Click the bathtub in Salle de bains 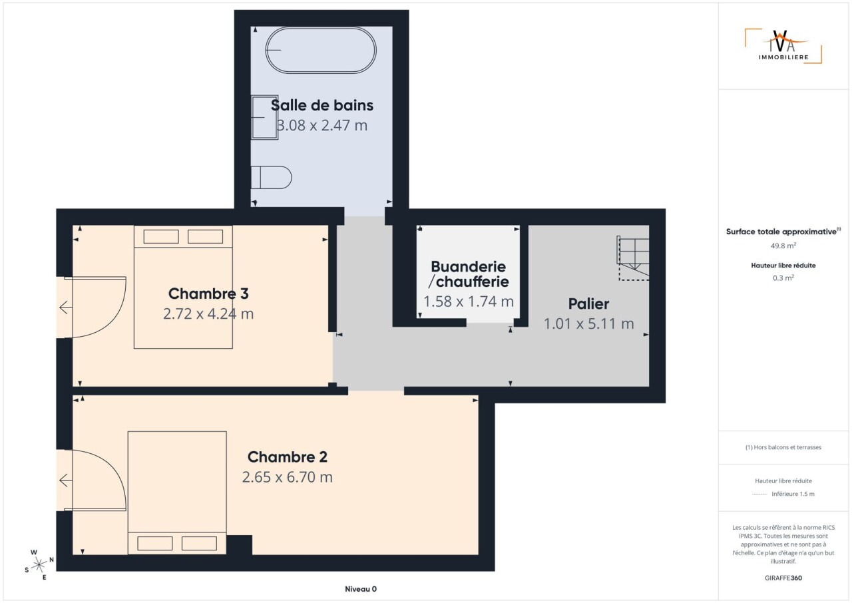click(x=321, y=50)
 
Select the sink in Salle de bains click(x=264, y=118)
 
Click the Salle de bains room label click(x=321, y=105)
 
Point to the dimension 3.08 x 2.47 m click(x=321, y=126)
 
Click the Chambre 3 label click(x=208, y=294)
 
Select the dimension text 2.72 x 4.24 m click(x=208, y=313)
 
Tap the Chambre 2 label click(x=288, y=457)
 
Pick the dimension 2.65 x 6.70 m click(x=288, y=477)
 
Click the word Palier click(x=588, y=303)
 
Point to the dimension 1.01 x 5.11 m click(x=589, y=324)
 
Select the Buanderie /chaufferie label click(x=469, y=274)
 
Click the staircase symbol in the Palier click(x=633, y=258)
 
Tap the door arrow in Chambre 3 click(x=66, y=307)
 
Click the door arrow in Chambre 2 click(x=66, y=481)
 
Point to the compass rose click(x=39, y=565)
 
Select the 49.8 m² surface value click(x=783, y=246)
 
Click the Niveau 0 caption click(x=361, y=589)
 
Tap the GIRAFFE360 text click(x=783, y=578)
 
